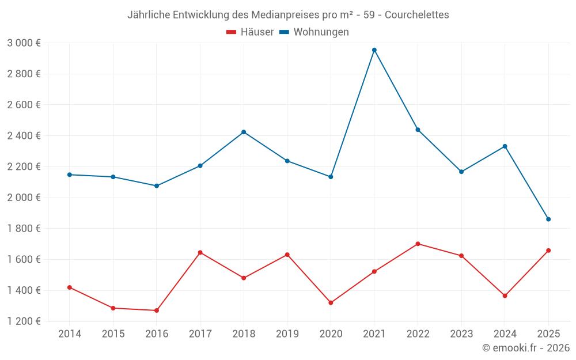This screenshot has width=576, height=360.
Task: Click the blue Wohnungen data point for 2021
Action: click(x=374, y=50)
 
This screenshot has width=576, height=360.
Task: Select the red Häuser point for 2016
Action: click(x=157, y=310)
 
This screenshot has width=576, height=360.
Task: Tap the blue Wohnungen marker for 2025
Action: click(x=548, y=219)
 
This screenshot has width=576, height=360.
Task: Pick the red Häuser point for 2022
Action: click(x=418, y=244)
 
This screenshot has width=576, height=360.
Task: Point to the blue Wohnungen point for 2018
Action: click(x=244, y=132)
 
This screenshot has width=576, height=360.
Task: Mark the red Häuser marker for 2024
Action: click(x=505, y=296)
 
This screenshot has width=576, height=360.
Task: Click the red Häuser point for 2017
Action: click(x=200, y=252)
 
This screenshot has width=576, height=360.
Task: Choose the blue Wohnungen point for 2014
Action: click(x=70, y=175)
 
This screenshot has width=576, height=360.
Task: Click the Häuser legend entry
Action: click(x=250, y=32)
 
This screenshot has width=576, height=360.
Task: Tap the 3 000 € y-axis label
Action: click(x=24, y=43)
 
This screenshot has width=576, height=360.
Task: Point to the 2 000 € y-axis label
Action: click(x=24, y=198)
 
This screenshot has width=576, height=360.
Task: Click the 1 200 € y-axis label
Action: click(x=24, y=321)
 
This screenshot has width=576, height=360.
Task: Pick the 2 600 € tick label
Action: click(x=24, y=105)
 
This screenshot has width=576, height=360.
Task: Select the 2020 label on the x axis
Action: click(x=331, y=334)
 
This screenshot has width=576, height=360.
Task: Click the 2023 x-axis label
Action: click(x=461, y=334)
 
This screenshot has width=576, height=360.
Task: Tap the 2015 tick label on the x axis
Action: click(x=113, y=334)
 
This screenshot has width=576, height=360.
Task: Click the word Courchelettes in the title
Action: click(x=416, y=15)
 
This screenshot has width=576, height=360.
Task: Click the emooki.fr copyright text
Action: click(x=526, y=348)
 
